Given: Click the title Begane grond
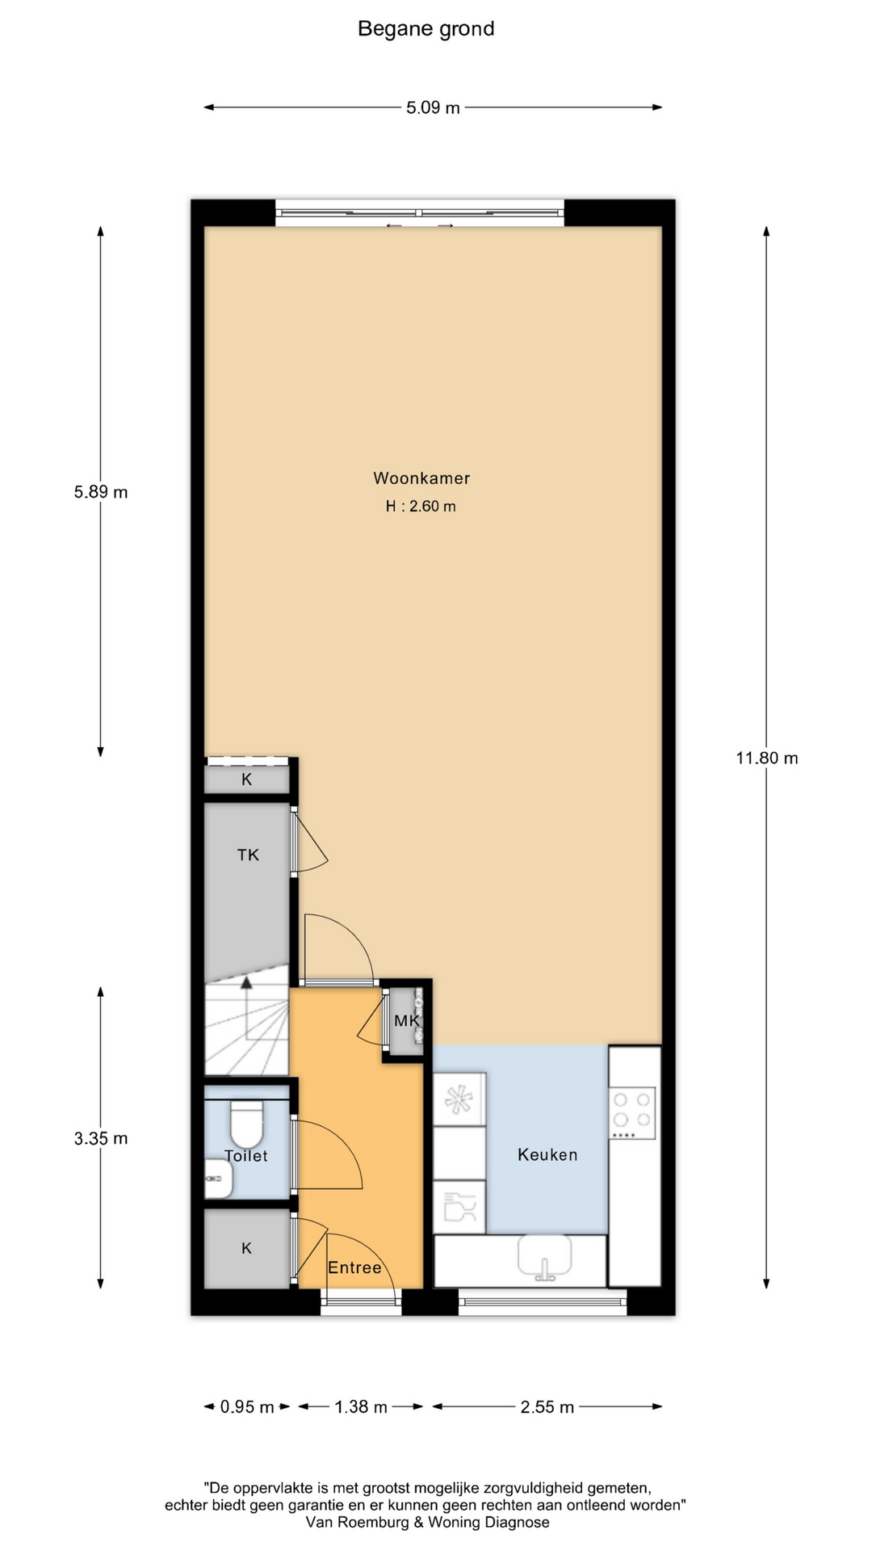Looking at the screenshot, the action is [426, 29].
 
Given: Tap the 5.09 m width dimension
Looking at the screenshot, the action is [433, 107].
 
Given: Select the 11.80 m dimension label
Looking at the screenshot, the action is [766, 758].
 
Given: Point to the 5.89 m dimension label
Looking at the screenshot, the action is [101, 492].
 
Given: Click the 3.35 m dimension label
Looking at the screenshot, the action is [101, 1138].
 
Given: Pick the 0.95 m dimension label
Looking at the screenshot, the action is [247, 1407].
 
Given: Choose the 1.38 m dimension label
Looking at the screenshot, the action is [361, 1407].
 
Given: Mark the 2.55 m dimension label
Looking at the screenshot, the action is [547, 1407].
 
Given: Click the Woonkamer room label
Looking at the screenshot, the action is [421, 478].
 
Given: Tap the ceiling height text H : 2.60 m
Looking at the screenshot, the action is [421, 506].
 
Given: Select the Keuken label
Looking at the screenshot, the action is [547, 1155].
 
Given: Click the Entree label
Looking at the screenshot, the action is [354, 1267].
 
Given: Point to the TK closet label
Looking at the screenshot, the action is [248, 855].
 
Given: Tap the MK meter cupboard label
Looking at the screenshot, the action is [407, 1020].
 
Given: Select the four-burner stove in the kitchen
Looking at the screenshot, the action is [633, 1112].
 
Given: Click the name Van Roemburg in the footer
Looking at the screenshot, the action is [358, 1523].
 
